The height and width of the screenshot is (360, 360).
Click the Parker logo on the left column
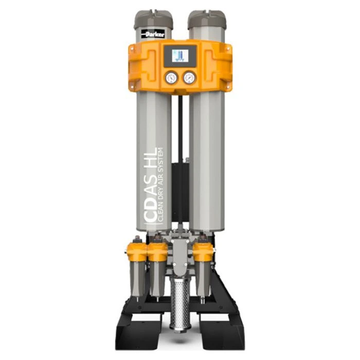click(153, 34)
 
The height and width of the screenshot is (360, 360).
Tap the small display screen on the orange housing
click(180, 56)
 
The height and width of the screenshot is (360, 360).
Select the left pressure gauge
click(172, 78)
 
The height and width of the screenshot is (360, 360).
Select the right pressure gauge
click(190, 78)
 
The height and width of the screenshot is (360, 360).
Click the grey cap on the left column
click(153, 20)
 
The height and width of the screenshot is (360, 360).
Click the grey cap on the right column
click(207, 19)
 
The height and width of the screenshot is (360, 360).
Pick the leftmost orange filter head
click(137, 252)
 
